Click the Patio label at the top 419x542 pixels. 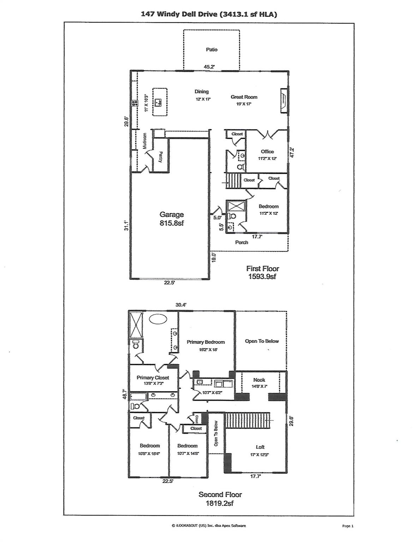[211, 50]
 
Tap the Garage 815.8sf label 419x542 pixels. [172, 218]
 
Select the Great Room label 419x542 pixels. [244, 97]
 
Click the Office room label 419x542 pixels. [267, 152]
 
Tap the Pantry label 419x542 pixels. [160, 157]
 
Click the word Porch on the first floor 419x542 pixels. [241, 242]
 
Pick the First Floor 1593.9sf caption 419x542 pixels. [262, 272]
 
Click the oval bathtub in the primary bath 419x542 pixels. [158, 319]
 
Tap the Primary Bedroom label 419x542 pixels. [205, 342]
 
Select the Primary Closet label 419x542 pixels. [153, 378]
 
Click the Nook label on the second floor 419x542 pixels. [259, 380]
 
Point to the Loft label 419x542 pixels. [260, 447]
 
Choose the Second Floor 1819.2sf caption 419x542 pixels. [220, 499]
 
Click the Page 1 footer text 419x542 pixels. [347, 526]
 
